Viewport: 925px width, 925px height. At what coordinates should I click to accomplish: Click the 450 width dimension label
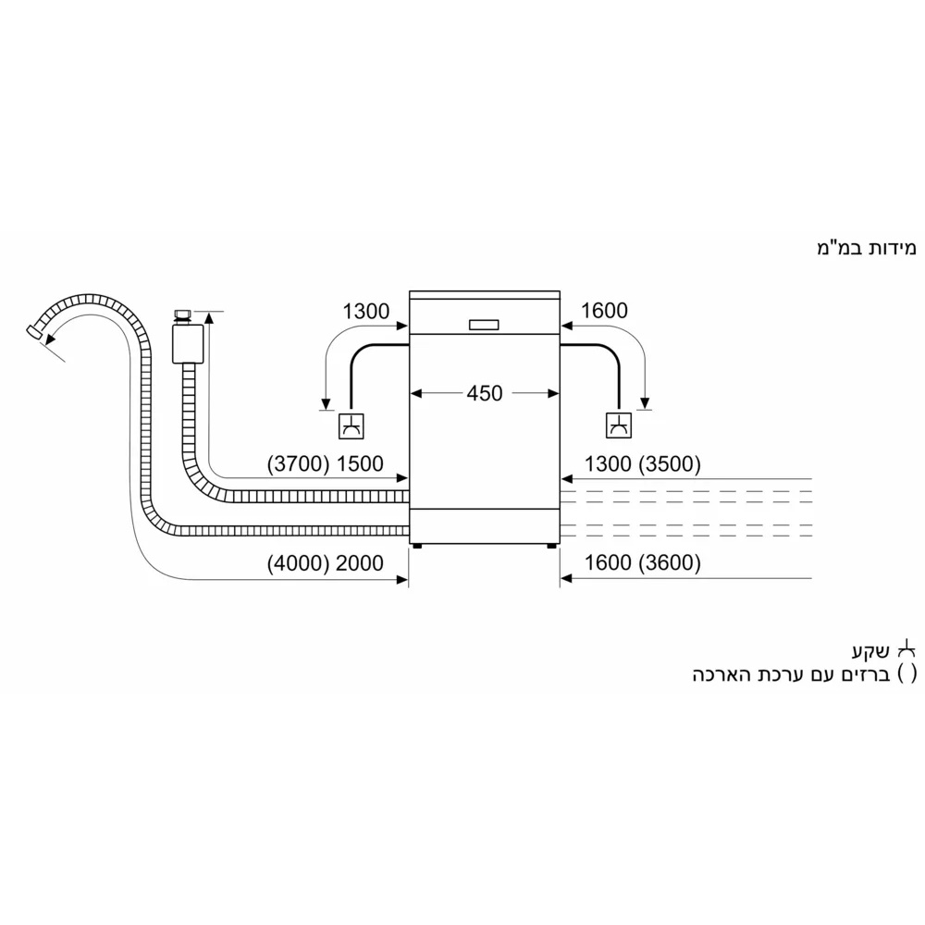(484, 393)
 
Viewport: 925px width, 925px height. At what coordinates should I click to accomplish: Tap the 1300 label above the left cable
(366, 312)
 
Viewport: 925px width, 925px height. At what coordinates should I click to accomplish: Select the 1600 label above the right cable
(604, 312)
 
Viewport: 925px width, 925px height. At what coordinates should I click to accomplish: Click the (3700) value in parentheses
(296, 463)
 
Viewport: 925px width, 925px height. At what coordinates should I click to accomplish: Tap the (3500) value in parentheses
(671, 463)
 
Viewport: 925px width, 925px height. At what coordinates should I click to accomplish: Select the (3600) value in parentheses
(671, 563)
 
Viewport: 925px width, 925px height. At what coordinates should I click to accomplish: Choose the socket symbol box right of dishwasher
(617, 425)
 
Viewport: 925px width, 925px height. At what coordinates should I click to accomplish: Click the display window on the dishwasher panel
(484, 325)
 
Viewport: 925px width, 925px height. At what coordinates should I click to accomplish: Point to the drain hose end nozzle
(36, 330)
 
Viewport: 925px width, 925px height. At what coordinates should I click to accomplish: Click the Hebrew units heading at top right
(865, 248)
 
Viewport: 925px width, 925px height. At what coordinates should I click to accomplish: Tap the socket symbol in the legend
(907, 647)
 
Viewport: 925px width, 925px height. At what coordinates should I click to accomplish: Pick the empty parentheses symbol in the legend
(907, 674)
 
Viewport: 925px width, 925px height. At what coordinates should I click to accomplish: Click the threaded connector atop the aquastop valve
(182, 315)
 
